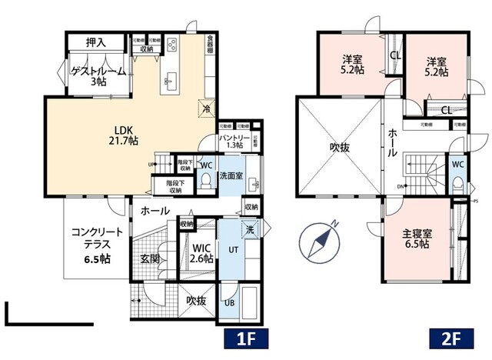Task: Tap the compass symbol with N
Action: click(321, 238)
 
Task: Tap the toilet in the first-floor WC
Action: click(207, 180)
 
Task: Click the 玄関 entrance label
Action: click(150, 258)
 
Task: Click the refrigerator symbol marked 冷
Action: click(206, 108)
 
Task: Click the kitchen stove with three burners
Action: click(171, 44)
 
